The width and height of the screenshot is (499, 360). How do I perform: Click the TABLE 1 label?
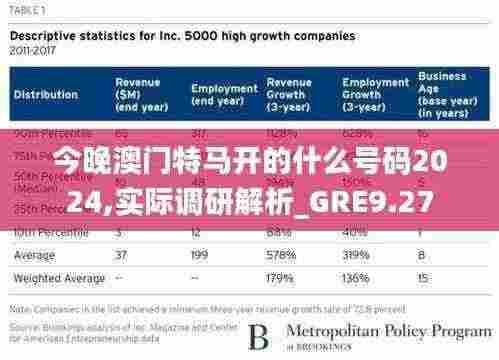click(30, 9)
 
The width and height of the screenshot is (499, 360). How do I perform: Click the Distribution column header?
click(47, 96)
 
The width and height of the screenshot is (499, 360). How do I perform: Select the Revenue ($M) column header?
click(138, 95)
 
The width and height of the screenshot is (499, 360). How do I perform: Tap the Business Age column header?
click(442, 95)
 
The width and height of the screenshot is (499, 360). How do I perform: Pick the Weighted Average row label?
click(59, 278)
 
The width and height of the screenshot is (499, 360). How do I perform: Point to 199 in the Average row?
click(200, 255)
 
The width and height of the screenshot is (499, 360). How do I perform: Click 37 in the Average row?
click(123, 255)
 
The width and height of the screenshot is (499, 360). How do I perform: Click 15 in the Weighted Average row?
click(424, 278)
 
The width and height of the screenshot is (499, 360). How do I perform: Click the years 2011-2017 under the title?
click(33, 47)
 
